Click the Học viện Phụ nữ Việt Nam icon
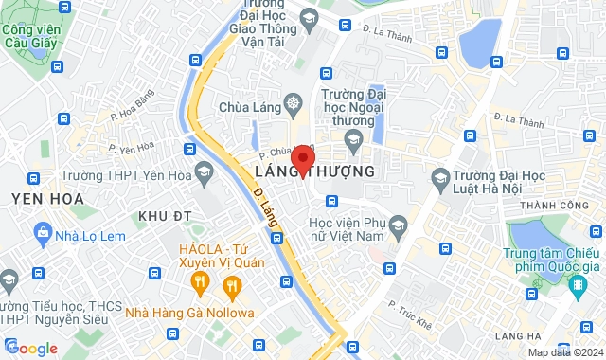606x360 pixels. pos(398,225)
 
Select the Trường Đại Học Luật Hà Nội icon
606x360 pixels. pos(439,177)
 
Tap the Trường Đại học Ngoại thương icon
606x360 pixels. pos(352,139)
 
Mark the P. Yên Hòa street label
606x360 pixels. pos(132,148)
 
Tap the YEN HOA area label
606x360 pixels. pos(47,198)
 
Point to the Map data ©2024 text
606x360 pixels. pos(564,352)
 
